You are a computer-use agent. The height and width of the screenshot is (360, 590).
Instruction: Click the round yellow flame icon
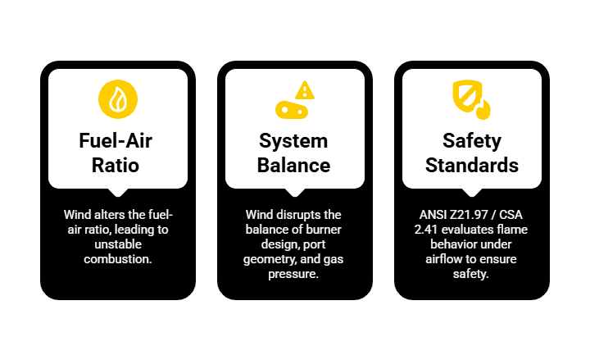[118, 98]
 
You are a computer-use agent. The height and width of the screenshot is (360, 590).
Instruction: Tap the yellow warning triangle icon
[305, 89]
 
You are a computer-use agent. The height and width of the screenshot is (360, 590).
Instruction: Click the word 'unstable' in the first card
[118, 244]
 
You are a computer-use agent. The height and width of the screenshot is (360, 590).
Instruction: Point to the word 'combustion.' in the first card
[118, 259]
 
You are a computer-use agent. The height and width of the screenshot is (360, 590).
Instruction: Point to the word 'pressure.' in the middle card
[295, 274]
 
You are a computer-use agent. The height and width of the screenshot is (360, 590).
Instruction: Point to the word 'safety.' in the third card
[472, 274]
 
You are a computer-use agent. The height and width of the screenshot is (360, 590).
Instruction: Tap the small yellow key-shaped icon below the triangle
[291, 109]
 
